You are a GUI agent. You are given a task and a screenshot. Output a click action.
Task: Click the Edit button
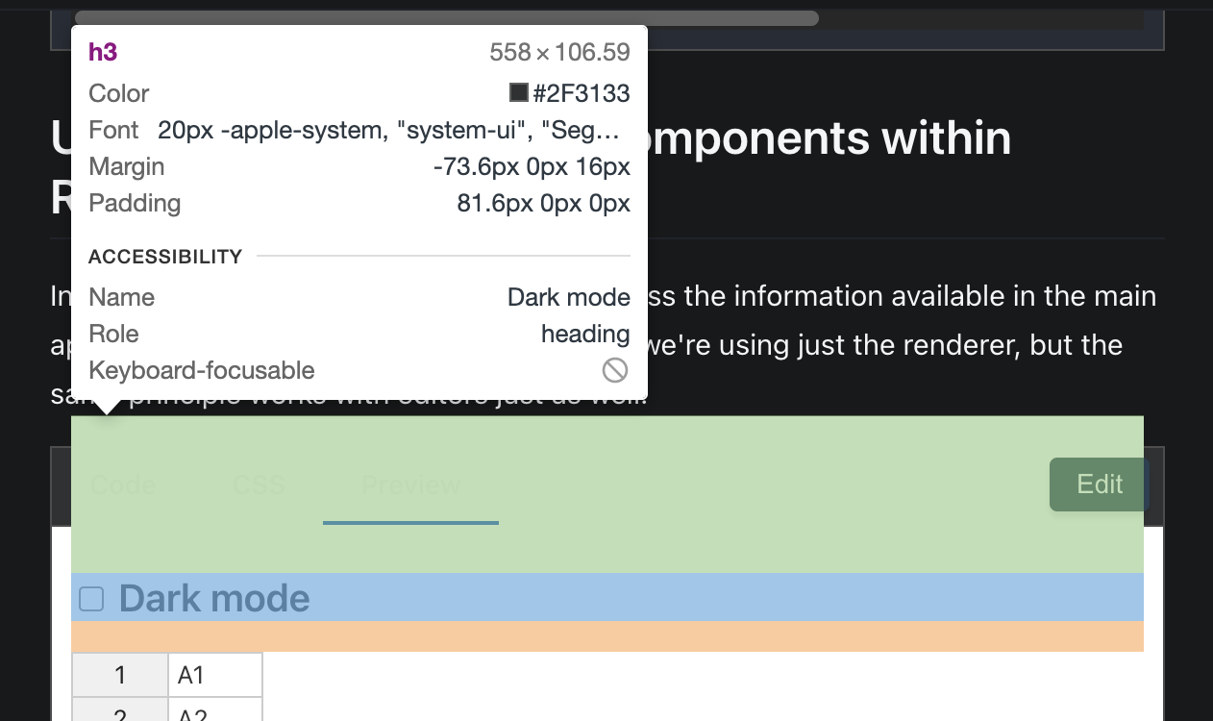(1099, 484)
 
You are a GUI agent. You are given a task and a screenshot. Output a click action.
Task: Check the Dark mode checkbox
(91, 599)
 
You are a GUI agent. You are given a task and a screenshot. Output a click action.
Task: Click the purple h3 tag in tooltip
(103, 52)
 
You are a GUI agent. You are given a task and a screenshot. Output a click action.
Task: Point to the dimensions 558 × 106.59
(559, 52)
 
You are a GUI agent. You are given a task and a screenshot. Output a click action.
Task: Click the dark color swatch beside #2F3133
(519, 92)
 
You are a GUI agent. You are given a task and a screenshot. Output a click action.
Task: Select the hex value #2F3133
(582, 93)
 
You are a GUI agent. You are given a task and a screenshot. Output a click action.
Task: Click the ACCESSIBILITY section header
(165, 257)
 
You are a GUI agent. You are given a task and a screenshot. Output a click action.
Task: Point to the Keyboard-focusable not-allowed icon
(615, 370)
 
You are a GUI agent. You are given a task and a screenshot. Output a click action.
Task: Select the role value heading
(585, 334)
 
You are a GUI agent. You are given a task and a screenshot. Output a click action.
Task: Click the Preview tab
(410, 485)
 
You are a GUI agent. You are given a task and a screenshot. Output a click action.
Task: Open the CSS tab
(259, 485)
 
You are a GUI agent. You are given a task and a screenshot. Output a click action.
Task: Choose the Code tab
(123, 485)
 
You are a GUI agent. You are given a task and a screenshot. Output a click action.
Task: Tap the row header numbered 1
(120, 675)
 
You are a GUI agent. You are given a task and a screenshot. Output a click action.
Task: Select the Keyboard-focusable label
(202, 370)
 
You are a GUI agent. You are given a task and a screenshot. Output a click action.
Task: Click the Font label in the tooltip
(113, 130)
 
